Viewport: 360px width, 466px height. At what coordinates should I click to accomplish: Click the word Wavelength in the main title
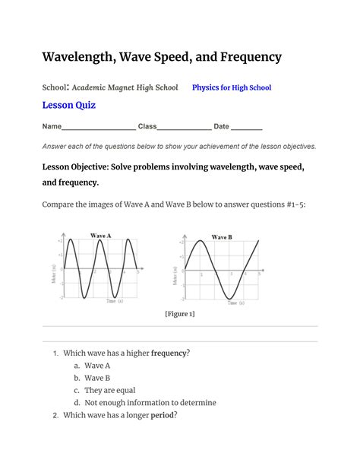pos(82,57)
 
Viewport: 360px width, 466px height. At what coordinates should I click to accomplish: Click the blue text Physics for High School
pos(232,88)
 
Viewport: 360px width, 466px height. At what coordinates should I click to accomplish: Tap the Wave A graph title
pos(101,236)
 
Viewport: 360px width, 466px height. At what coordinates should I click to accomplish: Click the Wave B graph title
pos(222,237)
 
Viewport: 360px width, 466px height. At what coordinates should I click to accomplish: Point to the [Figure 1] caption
pos(180,313)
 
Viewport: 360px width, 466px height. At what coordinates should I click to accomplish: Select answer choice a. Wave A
pos(96,365)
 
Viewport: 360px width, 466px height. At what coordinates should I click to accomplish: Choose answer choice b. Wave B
pos(96,378)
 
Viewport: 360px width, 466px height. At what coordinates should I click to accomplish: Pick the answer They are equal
pos(109,390)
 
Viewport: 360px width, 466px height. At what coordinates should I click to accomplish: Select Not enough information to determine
pos(150,403)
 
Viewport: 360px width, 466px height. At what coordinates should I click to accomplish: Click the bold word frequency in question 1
pos(169,353)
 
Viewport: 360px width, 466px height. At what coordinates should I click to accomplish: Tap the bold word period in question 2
pos(163,415)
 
